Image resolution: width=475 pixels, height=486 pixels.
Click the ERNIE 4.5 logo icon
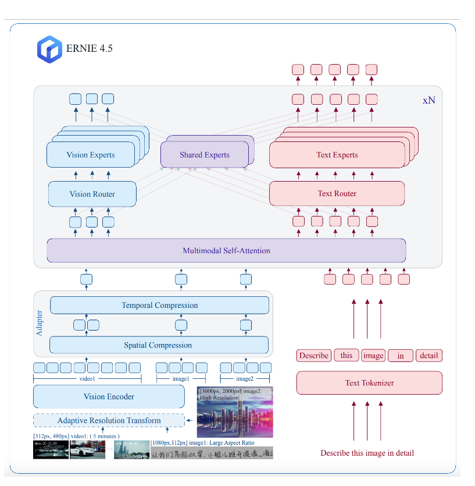(49, 49)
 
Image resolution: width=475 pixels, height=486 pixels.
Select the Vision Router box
(92, 194)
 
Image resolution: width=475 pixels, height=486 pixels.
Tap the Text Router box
(337, 193)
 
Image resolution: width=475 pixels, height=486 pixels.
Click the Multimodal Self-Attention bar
(226, 251)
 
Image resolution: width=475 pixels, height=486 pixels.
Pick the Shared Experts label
(204, 155)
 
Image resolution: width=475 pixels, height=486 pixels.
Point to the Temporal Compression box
(159, 305)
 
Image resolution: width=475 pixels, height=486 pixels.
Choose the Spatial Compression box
(158, 345)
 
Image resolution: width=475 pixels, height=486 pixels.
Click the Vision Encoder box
(109, 397)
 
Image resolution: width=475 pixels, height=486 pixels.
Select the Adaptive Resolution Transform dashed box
(109, 420)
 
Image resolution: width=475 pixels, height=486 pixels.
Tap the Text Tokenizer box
(369, 383)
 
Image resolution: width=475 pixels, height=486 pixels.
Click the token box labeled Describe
(314, 356)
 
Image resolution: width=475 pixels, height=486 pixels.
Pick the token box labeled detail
(429, 356)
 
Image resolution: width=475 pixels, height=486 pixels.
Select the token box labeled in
(401, 356)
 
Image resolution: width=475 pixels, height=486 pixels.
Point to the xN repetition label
(428, 100)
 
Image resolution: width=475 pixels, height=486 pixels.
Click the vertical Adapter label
(40, 324)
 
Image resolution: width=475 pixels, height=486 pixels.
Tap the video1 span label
(87, 379)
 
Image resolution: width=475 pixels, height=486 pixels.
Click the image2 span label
(245, 379)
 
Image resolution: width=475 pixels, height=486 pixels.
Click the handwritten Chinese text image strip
(212, 453)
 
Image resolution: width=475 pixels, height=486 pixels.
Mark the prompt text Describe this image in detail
(367, 453)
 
